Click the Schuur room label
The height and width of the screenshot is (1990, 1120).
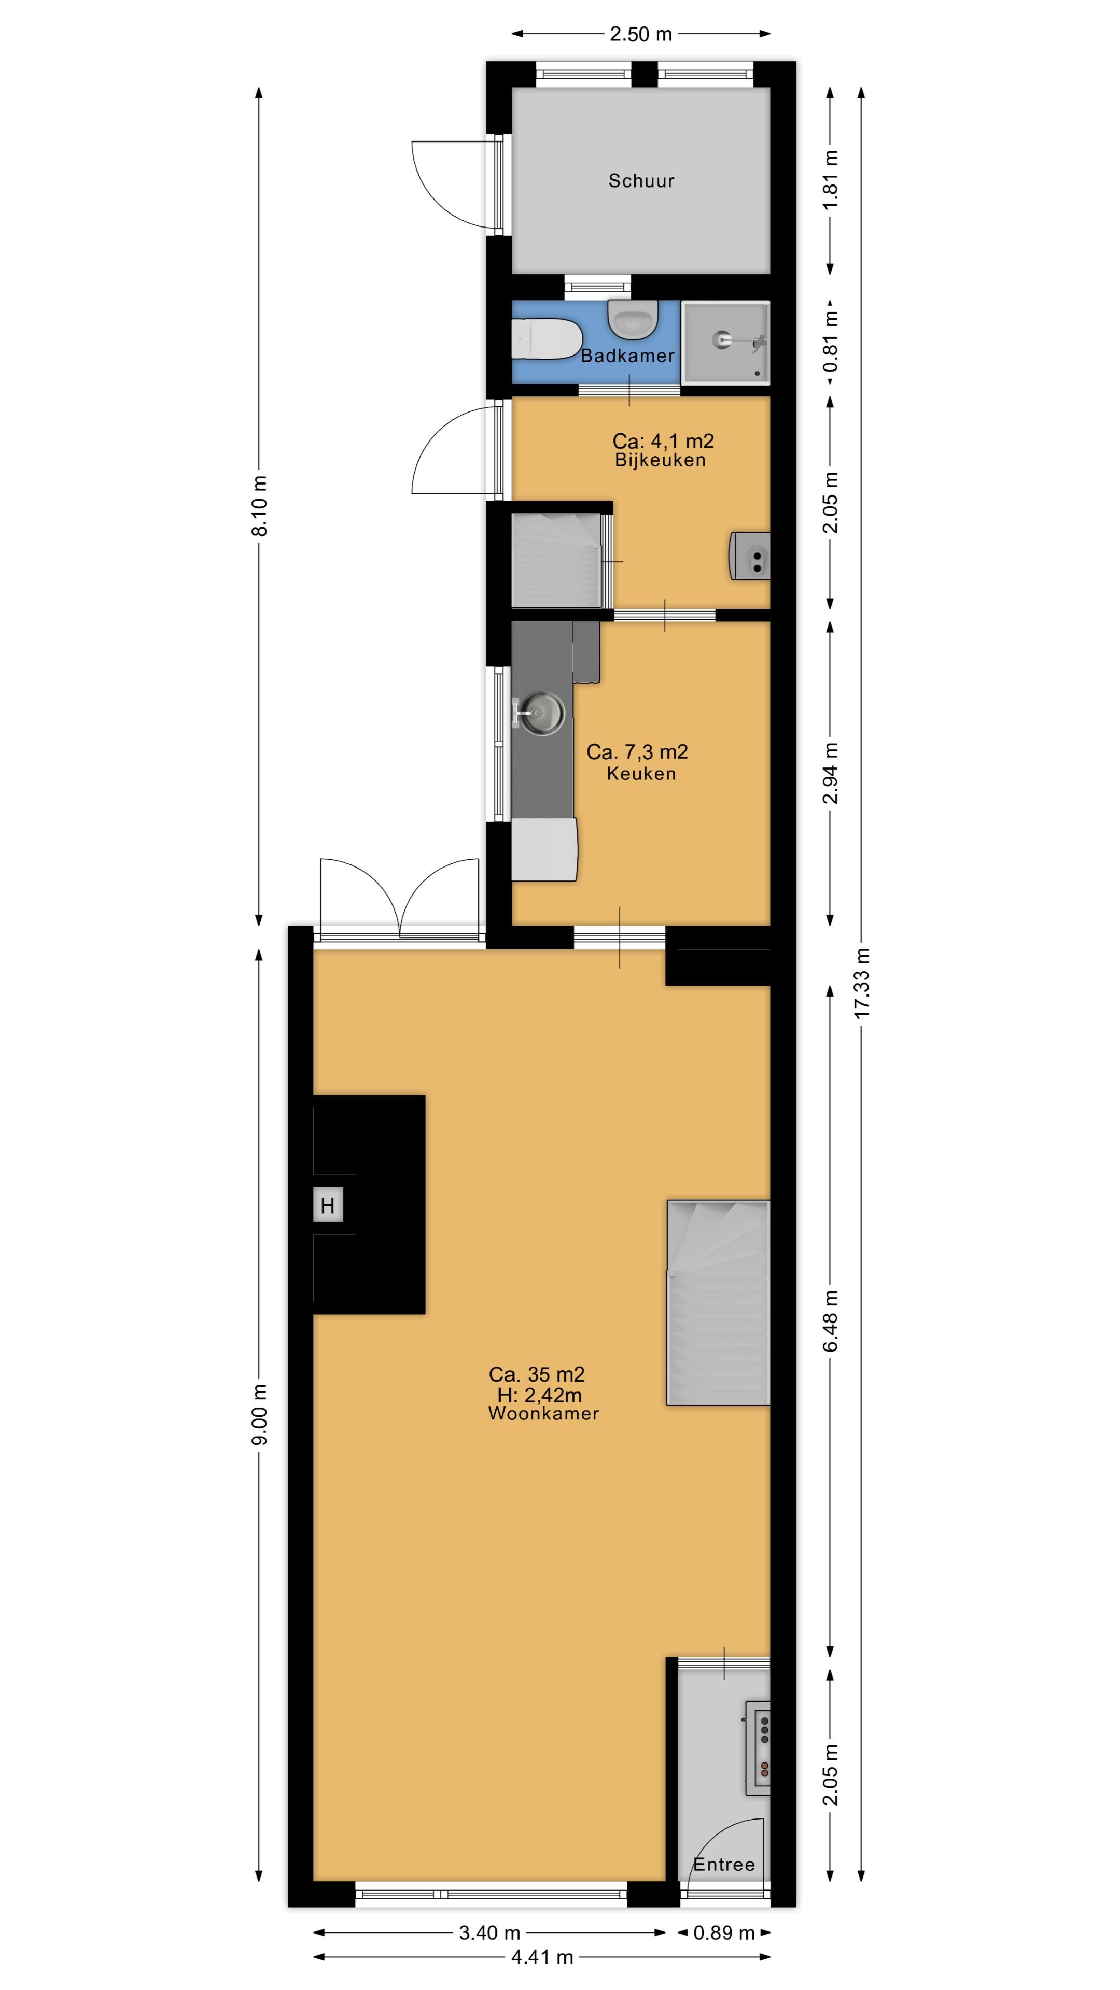coord(641,181)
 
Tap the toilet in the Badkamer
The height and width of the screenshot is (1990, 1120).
coord(547,338)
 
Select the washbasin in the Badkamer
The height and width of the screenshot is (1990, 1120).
coord(632,319)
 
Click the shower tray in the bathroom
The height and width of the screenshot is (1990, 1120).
coord(725,342)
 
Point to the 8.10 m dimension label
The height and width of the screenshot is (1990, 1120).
coord(260,506)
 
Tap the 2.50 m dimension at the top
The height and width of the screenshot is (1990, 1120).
coord(641,34)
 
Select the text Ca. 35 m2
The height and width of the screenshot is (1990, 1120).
coord(537,1374)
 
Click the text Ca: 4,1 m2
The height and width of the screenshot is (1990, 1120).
coord(663,441)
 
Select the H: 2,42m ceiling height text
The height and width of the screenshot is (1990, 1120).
coord(539,1395)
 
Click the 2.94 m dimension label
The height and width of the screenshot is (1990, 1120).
coord(831,773)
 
